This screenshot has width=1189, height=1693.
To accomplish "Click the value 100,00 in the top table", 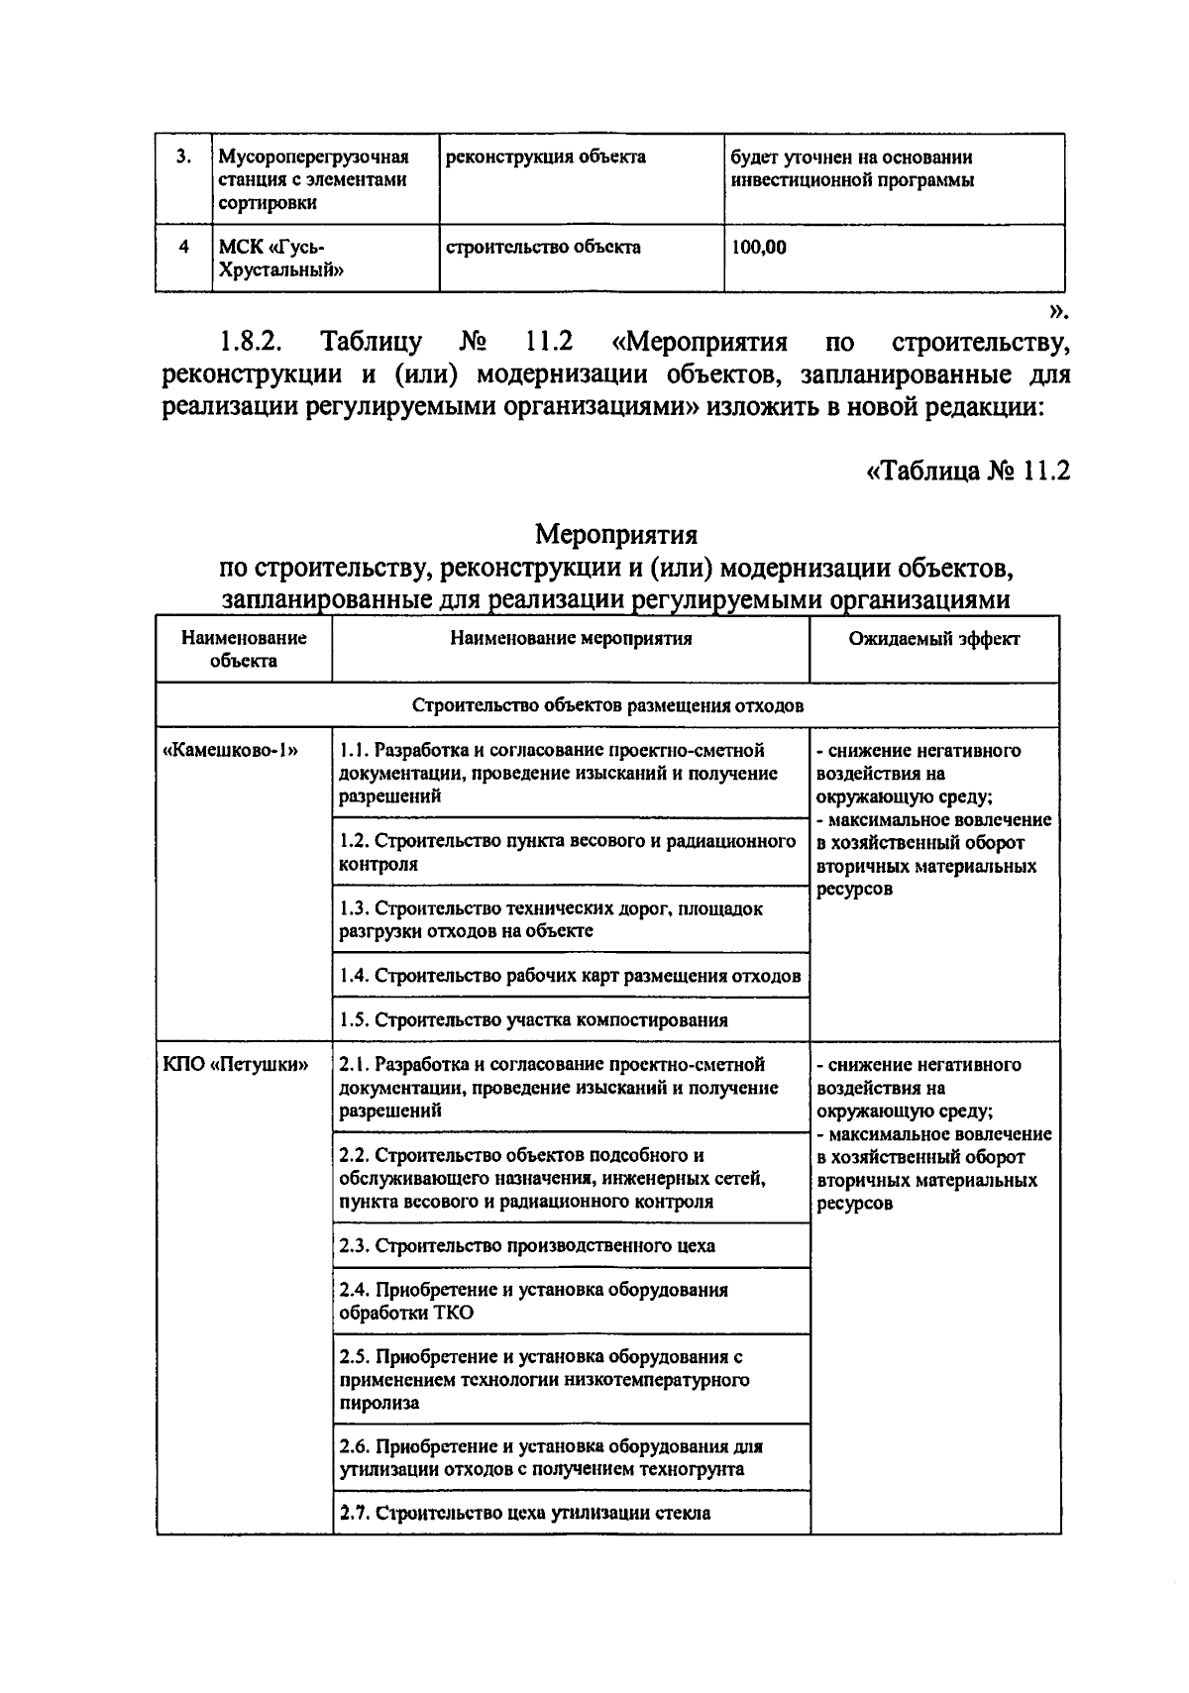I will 759,248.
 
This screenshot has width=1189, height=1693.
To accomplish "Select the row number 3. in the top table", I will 183,157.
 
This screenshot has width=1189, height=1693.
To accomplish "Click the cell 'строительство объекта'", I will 543,247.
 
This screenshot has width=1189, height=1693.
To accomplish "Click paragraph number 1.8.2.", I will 250,343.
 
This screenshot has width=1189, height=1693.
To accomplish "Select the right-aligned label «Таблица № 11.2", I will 968,471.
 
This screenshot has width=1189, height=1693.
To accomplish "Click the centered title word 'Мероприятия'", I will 616,535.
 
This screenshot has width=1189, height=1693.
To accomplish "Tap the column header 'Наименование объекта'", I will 244,649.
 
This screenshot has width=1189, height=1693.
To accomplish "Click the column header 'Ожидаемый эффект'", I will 933,639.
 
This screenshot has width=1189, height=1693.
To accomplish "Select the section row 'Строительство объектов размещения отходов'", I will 607,705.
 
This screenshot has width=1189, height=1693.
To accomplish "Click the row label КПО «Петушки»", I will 236,1065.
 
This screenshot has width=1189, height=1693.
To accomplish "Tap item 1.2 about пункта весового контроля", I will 567,852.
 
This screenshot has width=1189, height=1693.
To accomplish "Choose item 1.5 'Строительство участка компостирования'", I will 533,1019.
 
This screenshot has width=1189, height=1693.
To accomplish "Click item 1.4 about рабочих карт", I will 569,976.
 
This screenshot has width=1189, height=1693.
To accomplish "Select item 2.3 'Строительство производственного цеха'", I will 527,1245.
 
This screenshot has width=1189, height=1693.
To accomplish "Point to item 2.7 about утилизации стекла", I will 525,1513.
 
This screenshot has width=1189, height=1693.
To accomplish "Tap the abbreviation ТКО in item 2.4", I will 453,1314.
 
